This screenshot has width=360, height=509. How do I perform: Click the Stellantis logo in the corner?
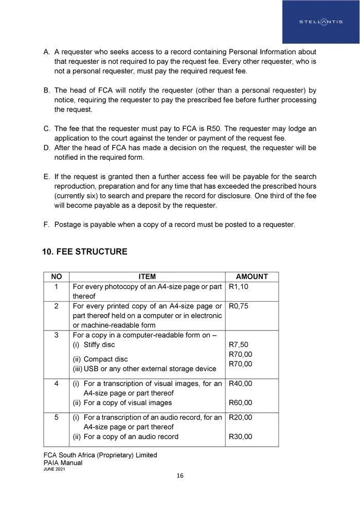pyautogui.click(x=320, y=22)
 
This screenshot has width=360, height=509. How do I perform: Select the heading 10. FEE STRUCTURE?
pyautogui.click(x=84, y=252)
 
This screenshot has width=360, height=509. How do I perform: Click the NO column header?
pyautogui.click(x=56, y=277)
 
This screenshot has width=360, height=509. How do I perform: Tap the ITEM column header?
pyautogui.click(x=147, y=277)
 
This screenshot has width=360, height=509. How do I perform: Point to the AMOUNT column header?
pyautogui.click(x=252, y=277)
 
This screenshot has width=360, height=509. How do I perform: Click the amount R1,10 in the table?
pyautogui.click(x=238, y=286)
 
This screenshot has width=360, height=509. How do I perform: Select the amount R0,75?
pyautogui.click(x=238, y=306)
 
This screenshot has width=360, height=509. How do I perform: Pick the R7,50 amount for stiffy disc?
pyautogui.click(x=238, y=344)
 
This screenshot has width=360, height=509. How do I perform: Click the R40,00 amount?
pyautogui.click(x=240, y=384)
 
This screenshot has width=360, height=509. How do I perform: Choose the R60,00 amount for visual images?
pyautogui.click(x=240, y=403)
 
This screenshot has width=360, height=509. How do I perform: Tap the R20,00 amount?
pyautogui.click(x=240, y=417)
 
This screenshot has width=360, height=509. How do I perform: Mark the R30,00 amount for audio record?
pyautogui.click(x=240, y=437)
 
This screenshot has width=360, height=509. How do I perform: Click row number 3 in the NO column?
pyautogui.click(x=57, y=335)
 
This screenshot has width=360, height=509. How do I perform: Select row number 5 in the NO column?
pyautogui.click(x=57, y=417)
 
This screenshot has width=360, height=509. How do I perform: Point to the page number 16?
pyautogui.click(x=179, y=476)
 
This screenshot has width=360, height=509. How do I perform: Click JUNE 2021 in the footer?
pyautogui.click(x=54, y=469)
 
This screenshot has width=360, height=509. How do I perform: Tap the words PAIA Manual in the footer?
pyautogui.click(x=63, y=463)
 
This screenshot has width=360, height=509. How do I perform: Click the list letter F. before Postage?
pyautogui.click(x=46, y=224)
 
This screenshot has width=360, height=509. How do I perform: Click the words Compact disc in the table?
pyautogui.click(x=105, y=359)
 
